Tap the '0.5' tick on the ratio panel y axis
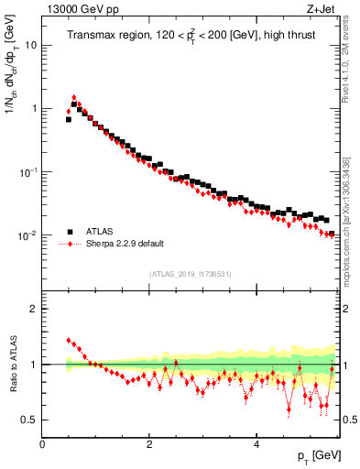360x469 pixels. point(30,420)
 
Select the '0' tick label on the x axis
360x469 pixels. point(42,444)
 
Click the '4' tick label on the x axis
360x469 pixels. point(256,444)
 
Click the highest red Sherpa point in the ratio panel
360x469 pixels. point(69,340)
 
